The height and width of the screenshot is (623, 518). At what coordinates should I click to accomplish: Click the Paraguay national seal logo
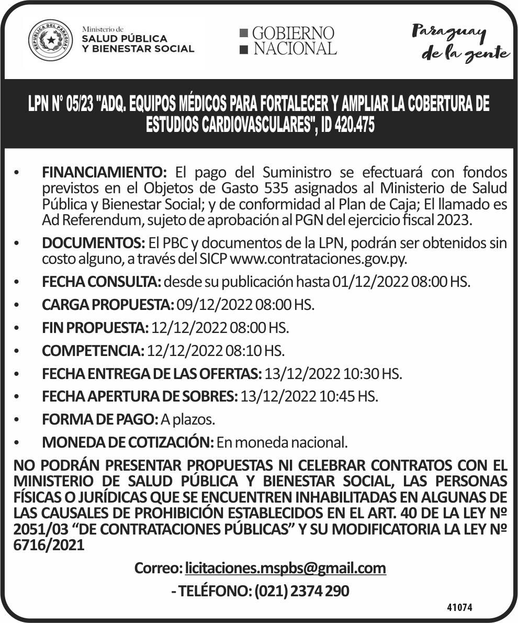(x=51, y=40)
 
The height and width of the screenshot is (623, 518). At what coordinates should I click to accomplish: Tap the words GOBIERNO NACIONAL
(x=288, y=41)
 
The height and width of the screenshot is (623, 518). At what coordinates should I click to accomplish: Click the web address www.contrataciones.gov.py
(x=318, y=259)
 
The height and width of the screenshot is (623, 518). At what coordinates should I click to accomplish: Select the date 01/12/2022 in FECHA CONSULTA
(x=370, y=282)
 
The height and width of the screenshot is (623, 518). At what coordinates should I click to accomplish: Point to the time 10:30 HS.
(x=373, y=374)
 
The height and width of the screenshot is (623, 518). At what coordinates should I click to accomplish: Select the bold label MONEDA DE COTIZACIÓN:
(x=128, y=442)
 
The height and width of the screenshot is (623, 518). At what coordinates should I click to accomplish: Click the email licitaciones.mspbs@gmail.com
(x=285, y=568)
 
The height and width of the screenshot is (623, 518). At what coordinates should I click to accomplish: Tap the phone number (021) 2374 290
(x=302, y=592)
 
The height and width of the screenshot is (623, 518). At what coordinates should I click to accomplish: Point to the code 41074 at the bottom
(x=460, y=608)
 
